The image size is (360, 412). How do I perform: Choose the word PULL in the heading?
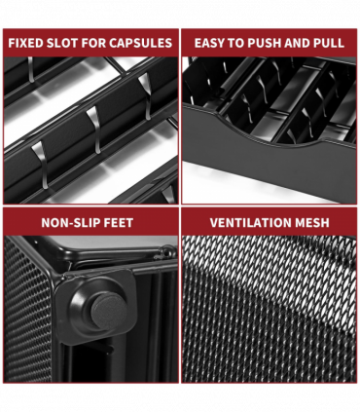(329, 43)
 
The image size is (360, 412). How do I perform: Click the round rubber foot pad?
(108, 310)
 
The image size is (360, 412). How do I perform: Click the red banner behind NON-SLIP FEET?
(90, 222)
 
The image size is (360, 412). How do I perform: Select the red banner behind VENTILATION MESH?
(269, 222)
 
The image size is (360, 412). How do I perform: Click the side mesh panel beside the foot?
(27, 312)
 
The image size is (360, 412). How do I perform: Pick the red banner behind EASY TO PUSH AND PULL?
(269, 43)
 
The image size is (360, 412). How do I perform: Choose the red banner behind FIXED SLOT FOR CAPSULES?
(90, 43)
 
